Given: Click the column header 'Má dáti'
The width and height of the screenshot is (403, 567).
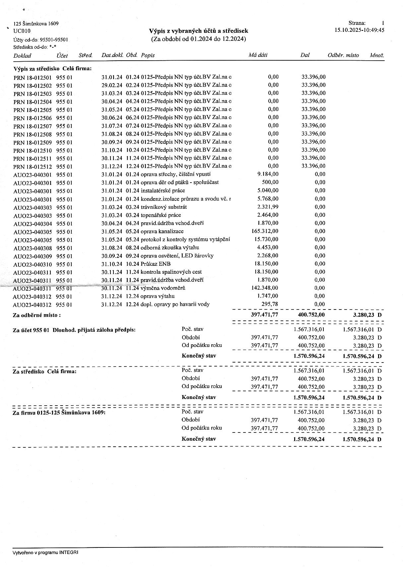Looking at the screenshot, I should point(258,55).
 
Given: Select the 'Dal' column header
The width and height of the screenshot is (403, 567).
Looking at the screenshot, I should point(304,55).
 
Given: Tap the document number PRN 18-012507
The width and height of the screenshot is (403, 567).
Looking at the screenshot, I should point(33,126).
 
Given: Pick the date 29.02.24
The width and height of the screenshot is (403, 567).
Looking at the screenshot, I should point(111,85).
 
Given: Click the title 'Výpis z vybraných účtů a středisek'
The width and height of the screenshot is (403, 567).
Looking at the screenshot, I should point(198,31).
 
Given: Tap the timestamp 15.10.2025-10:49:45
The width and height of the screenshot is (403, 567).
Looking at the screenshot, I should point(360,30).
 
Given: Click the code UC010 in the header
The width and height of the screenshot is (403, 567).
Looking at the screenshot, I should point(22,31).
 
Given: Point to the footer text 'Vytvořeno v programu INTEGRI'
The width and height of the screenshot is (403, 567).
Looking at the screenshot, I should point(46,553).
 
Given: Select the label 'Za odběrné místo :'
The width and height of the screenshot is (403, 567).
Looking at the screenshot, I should point(37,315).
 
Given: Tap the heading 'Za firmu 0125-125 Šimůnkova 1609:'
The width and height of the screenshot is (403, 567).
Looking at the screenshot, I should point(59,413).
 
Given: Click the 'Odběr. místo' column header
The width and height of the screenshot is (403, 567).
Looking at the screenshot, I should point(343,55).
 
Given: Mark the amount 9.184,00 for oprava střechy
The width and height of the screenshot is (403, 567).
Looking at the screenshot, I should point(268,174).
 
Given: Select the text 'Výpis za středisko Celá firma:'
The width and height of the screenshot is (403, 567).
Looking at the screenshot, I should point(52,69).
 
